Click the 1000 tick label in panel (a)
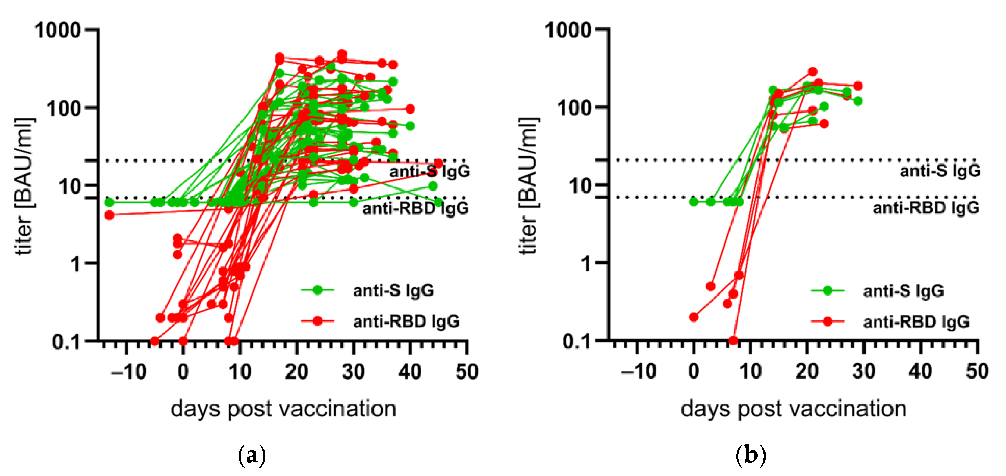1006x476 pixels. click(x=58, y=30)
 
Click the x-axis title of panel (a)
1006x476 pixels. click(x=283, y=409)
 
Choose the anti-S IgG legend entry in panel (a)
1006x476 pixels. click(x=393, y=291)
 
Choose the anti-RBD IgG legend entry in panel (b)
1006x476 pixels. click(x=916, y=322)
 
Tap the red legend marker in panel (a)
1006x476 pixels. click(x=318, y=321)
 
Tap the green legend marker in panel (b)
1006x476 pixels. click(x=827, y=290)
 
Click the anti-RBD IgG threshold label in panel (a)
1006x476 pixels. click(x=415, y=208)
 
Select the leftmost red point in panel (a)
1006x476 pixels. click(x=109, y=215)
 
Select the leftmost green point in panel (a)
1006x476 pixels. click(x=109, y=202)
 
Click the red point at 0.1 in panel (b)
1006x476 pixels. click(x=733, y=341)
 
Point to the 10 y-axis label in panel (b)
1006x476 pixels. click(x=580, y=186)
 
